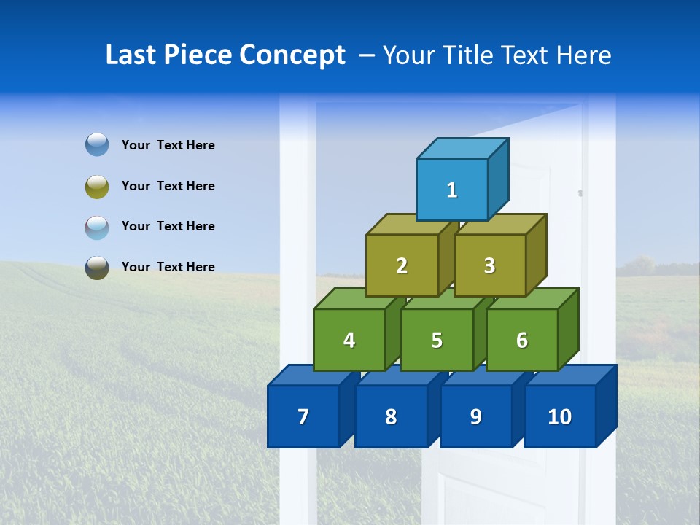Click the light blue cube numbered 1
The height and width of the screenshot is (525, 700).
(452, 190)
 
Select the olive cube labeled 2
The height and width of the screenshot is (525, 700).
(402, 265)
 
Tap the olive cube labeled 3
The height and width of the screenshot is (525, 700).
(489, 265)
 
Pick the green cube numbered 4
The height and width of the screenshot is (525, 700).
(349, 340)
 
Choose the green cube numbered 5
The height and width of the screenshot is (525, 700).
(437, 340)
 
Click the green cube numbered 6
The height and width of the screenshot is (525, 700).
(522, 340)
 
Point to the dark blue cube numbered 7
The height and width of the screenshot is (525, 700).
(303, 416)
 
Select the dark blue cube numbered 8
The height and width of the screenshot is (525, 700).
(391, 416)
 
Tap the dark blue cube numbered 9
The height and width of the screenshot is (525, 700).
(475, 416)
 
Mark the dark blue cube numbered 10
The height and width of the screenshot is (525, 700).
(559, 416)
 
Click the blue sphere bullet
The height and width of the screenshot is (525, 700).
(97, 144)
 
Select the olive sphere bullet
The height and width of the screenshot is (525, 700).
(97, 186)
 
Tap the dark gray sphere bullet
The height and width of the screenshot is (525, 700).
(97, 267)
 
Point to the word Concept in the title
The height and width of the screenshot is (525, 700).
(293, 55)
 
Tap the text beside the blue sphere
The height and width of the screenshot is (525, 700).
(168, 145)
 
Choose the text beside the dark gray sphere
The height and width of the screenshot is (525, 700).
(168, 267)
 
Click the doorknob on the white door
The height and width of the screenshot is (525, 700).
(580, 193)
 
